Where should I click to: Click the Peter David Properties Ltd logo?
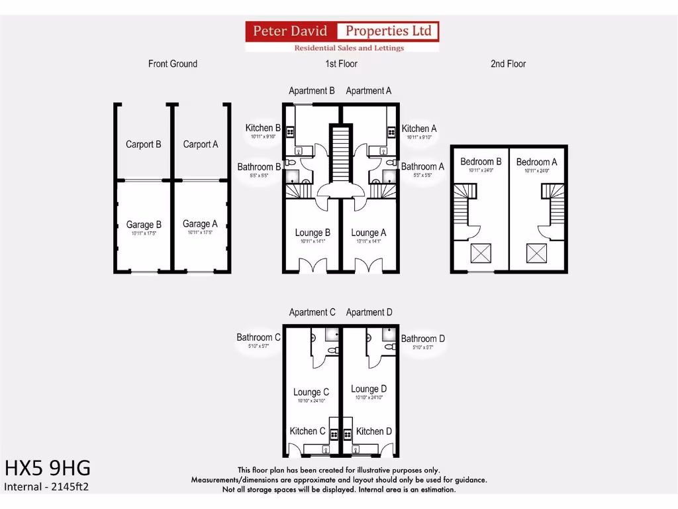click(342, 36)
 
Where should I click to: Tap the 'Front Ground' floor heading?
click(172, 64)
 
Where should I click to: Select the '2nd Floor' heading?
click(508, 64)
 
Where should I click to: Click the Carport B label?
click(144, 144)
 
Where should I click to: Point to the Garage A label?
click(200, 225)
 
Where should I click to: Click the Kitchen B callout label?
click(263, 129)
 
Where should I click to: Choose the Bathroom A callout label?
click(422, 167)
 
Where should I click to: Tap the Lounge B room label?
click(313, 233)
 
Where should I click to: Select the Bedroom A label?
click(536, 162)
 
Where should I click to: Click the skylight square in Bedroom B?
click(481, 253)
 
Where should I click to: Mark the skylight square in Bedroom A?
click(537, 253)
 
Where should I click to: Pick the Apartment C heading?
click(312, 312)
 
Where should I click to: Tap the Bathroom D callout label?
click(423, 339)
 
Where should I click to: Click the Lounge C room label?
click(311, 392)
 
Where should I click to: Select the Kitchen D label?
click(373, 431)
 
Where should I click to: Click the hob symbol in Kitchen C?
click(334, 435)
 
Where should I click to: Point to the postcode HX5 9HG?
click(47, 469)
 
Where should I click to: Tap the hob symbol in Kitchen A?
click(391, 132)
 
